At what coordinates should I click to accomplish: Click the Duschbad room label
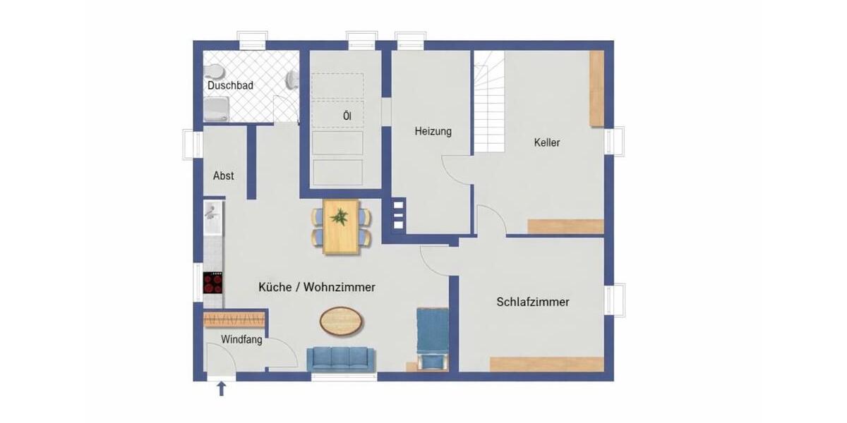tap(230, 85)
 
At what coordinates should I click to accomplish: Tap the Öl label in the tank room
tap(347, 116)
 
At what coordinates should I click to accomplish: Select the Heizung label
tap(433, 131)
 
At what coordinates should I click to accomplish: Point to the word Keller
tap(547, 142)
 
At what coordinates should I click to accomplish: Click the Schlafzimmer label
tap(533, 302)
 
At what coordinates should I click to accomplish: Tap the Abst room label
tap(223, 176)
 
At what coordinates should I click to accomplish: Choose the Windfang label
tap(241, 340)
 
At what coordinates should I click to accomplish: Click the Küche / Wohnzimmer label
tap(316, 287)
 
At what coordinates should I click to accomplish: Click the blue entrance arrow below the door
tap(222, 388)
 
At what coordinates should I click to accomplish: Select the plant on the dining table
tap(341, 216)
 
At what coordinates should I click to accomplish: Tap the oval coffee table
tap(342, 322)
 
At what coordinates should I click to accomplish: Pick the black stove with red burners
tap(213, 283)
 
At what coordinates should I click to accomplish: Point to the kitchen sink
tap(212, 214)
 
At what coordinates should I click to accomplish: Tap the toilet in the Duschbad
tap(213, 73)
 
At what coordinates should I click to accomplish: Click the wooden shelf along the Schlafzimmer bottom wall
tap(546, 364)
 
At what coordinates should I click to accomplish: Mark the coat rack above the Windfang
tap(235, 319)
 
